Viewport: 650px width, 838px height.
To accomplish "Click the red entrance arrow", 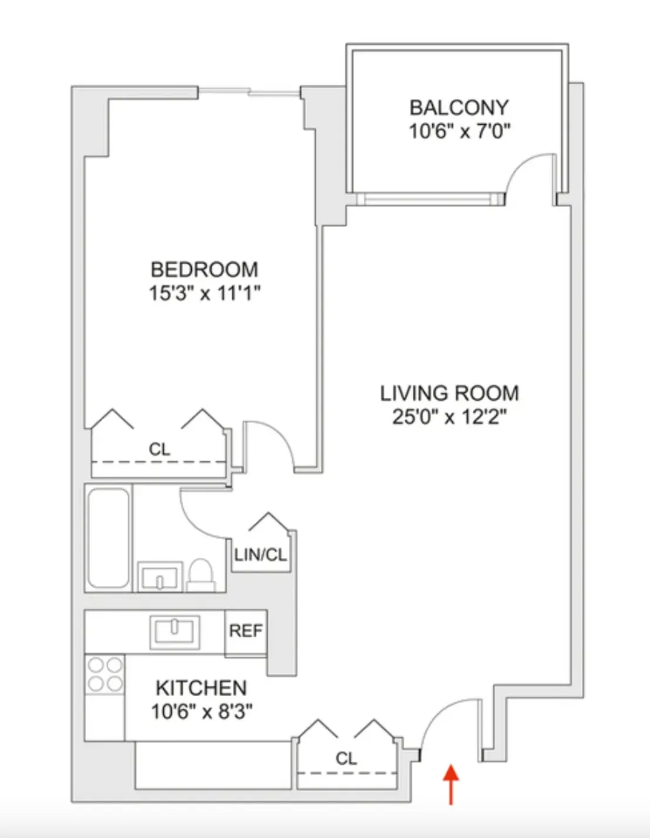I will (451, 784).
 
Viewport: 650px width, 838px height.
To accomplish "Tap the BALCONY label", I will (459, 108).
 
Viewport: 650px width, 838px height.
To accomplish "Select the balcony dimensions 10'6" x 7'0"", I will (459, 131).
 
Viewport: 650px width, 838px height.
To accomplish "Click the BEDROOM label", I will (204, 270).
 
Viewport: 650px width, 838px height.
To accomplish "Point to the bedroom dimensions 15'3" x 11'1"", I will (204, 293).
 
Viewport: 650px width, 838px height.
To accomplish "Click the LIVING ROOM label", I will (449, 393).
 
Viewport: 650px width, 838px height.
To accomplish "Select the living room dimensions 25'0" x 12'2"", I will (449, 417).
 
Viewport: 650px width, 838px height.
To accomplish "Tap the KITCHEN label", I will (201, 688).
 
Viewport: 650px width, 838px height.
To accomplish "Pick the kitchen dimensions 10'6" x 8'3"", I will (201, 711).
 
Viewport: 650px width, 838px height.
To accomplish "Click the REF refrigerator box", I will (246, 631).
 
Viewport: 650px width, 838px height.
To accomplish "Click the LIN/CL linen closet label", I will (260, 554).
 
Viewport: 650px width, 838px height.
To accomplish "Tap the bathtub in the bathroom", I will (109, 537).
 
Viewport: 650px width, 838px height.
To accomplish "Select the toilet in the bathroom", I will (201, 575).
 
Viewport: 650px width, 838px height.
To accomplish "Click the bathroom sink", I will (160, 577).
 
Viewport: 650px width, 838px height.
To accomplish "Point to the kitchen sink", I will (174, 631).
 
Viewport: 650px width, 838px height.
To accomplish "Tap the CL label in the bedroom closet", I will (159, 449).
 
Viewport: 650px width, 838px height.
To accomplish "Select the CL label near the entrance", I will (346, 758).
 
